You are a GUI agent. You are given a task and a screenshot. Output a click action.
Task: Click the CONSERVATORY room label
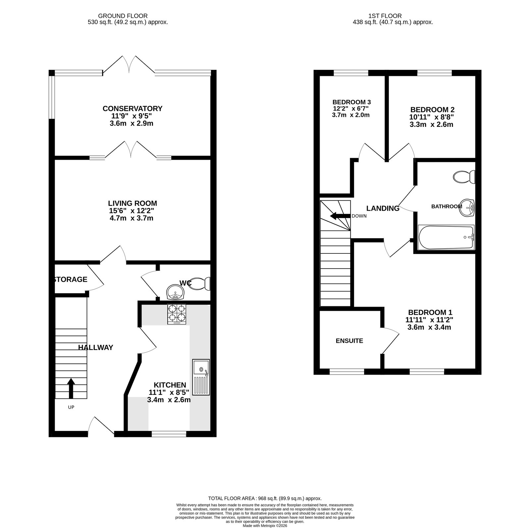(x=132, y=109)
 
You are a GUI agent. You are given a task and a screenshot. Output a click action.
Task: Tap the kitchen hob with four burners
(x=177, y=314)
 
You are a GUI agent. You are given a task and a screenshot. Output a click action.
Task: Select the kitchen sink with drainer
(x=201, y=377)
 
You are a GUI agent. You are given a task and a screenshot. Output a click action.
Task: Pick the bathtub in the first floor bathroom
(x=447, y=237)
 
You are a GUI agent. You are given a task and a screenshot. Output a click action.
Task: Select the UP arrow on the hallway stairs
(x=71, y=389)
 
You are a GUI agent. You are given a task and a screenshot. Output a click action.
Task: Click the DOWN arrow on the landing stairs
(x=340, y=216)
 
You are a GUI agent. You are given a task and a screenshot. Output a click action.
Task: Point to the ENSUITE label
(x=349, y=341)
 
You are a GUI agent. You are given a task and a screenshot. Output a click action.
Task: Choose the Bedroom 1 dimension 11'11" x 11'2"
(x=430, y=320)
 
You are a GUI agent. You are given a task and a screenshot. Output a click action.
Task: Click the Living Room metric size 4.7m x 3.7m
(x=132, y=218)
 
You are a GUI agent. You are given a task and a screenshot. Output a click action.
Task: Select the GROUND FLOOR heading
(x=123, y=16)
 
